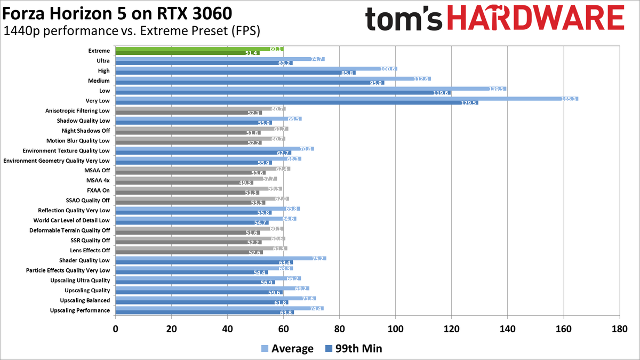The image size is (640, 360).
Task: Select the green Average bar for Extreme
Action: [199, 49]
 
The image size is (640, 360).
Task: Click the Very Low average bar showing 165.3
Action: [347, 99]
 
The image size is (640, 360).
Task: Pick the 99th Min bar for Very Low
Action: [297, 102]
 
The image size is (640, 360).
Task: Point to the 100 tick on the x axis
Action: [395, 329]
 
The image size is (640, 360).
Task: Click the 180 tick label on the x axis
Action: [619, 329]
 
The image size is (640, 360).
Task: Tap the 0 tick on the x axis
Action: [116, 329]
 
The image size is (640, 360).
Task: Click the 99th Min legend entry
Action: [353, 349]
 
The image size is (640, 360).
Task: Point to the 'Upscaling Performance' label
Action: [79, 310]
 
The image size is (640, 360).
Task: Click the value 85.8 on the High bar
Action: [347, 73]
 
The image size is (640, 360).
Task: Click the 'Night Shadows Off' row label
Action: [85, 131]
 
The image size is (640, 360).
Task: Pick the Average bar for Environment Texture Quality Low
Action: [214, 149]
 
